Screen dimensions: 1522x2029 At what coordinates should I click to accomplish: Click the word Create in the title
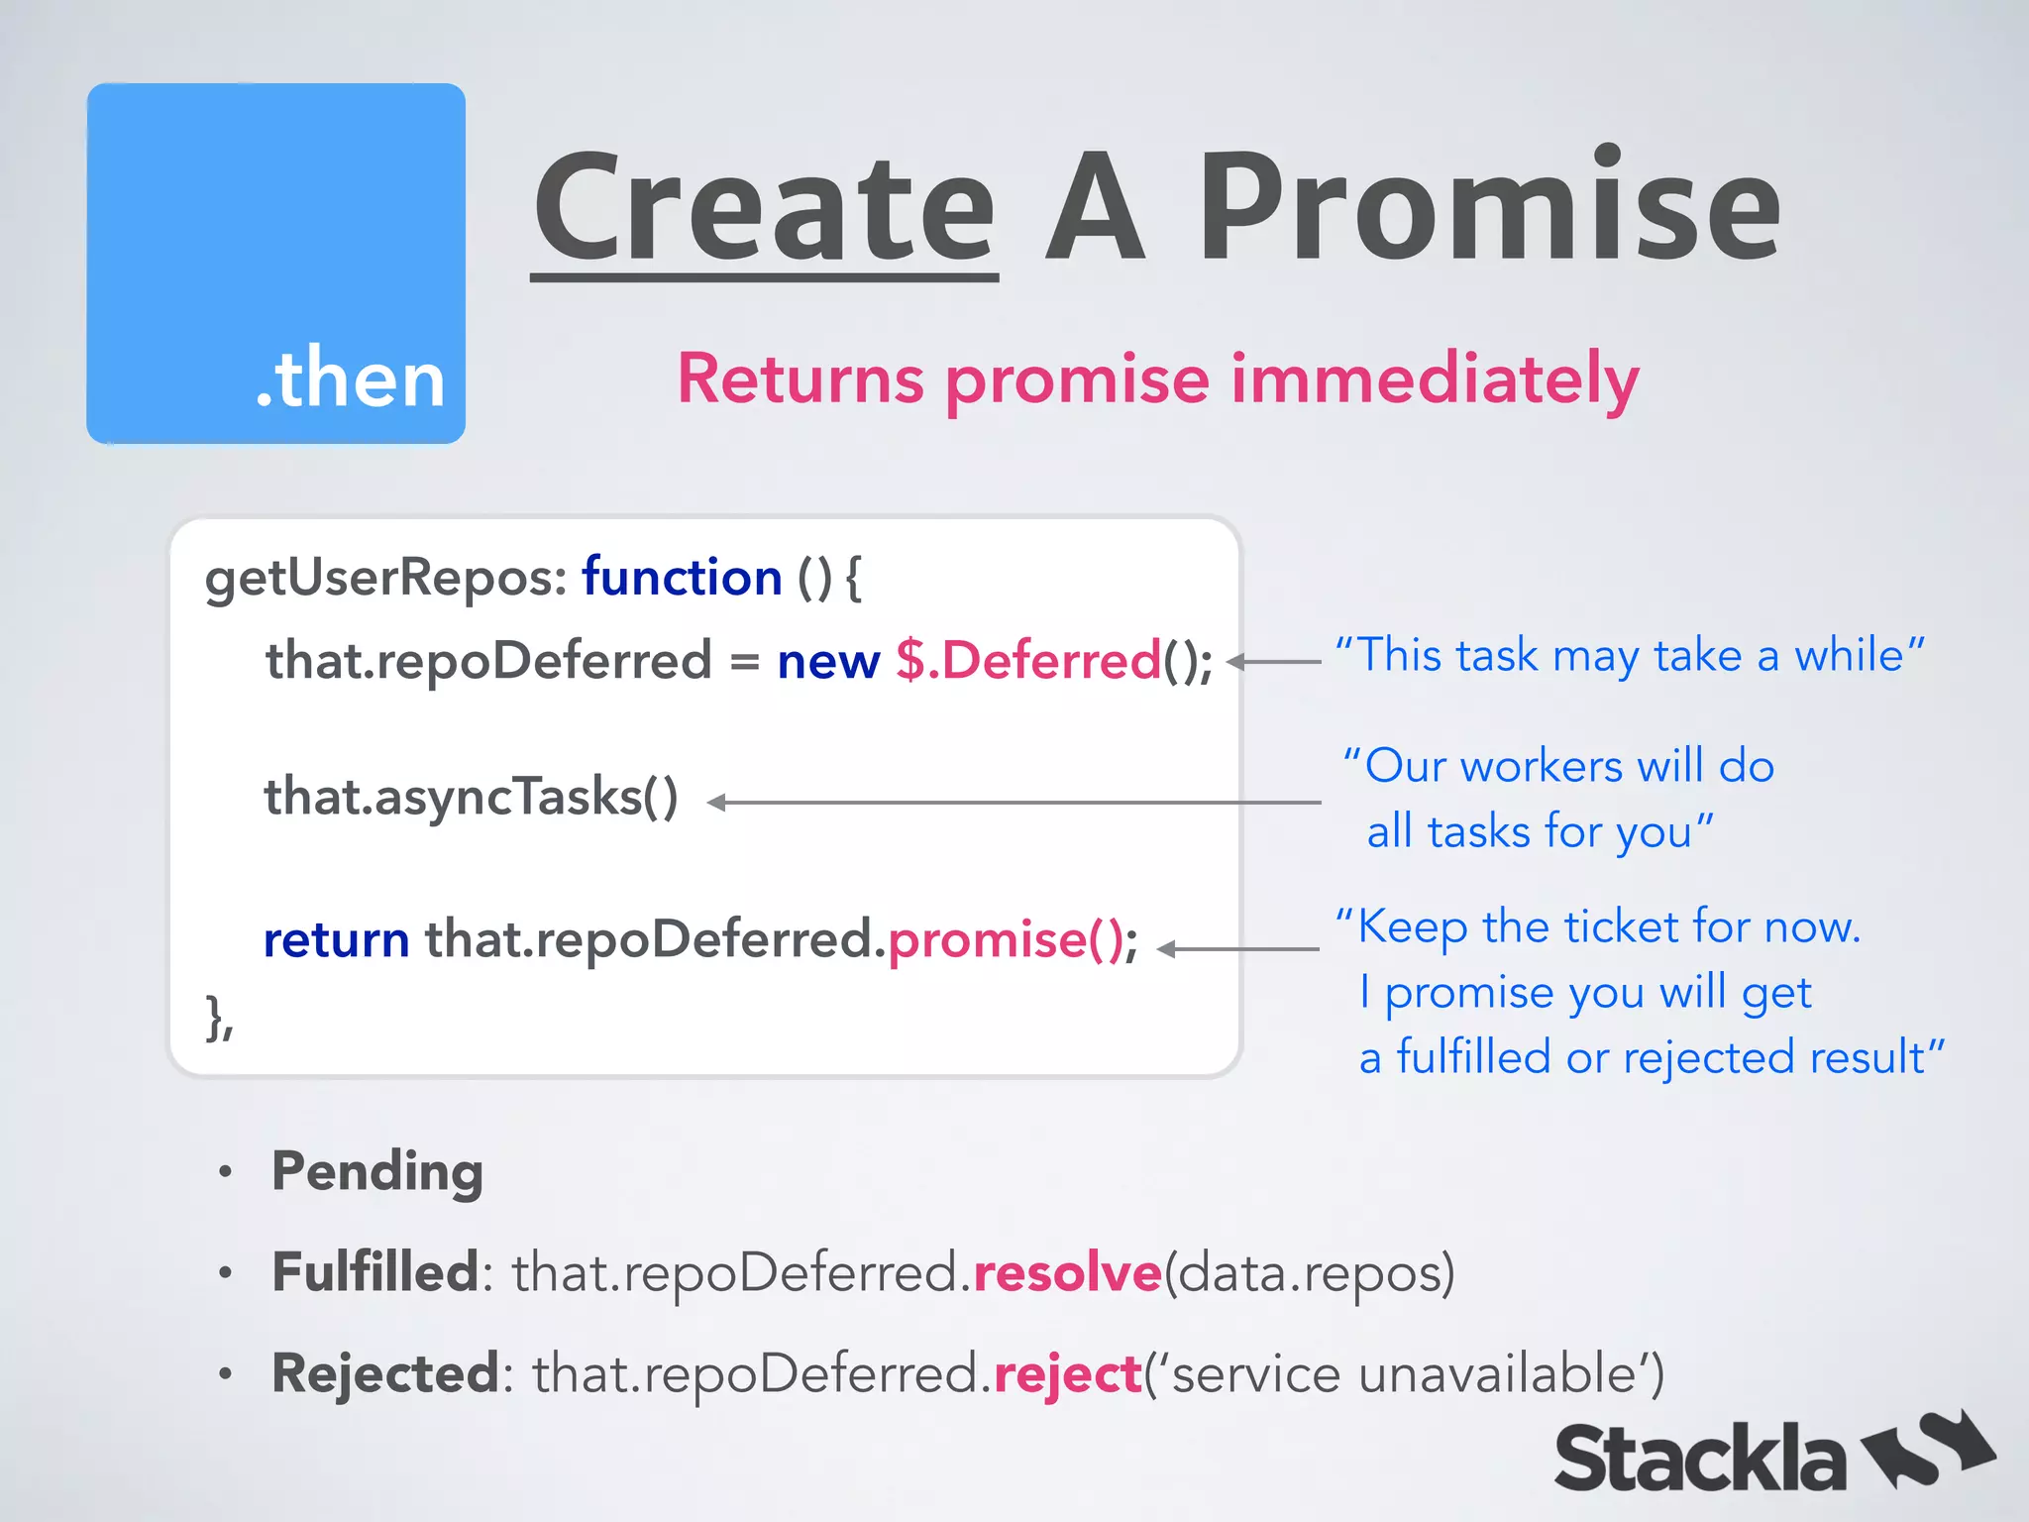pos(764,208)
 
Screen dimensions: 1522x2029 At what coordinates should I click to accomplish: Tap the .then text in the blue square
pos(351,379)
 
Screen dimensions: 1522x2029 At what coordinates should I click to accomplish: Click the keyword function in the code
pos(682,578)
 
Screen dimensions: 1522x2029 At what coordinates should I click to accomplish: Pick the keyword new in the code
pos(828,661)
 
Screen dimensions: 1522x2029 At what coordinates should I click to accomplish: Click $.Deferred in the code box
pos(1027,661)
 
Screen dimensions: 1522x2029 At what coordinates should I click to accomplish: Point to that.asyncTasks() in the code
pos(472,798)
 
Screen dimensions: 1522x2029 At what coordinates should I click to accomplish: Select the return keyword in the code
pos(337,939)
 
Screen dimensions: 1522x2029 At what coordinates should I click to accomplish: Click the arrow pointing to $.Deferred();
pos(1274,661)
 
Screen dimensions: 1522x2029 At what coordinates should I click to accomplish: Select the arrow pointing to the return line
pos(1237,949)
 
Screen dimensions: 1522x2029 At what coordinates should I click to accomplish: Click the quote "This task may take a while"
pos(1629,656)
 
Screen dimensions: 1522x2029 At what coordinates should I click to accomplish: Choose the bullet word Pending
pos(377,1172)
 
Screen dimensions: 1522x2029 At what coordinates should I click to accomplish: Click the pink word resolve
pos(1067,1273)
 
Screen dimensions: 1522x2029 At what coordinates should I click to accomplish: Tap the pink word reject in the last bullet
pos(1067,1375)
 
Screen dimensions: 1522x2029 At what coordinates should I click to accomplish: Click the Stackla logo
pos(1772,1456)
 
